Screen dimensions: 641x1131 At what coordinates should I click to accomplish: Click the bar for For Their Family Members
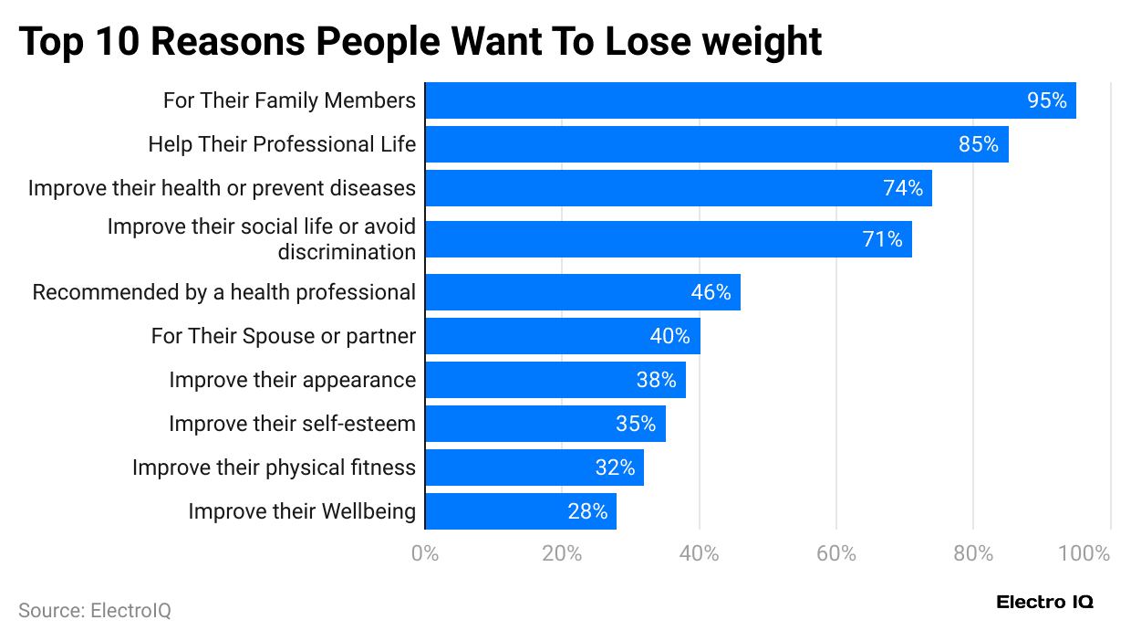click(x=750, y=100)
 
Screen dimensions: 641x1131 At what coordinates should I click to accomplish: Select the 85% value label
click(x=978, y=144)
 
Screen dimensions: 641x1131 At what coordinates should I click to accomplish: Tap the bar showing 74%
click(x=678, y=188)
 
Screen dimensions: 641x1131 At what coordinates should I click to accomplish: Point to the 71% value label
click(x=882, y=239)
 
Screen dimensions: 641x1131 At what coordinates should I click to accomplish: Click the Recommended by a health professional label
click(x=223, y=292)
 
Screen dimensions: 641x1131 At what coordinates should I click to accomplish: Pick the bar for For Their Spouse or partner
click(x=562, y=336)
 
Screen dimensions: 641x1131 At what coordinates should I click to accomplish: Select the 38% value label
click(x=656, y=380)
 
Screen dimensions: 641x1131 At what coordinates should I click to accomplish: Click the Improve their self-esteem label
click(x=292, y=424)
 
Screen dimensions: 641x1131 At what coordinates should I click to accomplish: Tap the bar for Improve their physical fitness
click(x=534, y=468)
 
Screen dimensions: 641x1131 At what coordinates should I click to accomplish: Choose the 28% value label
click(x=587, y=511)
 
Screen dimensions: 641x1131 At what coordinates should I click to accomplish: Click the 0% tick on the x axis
click(x=425, y=553)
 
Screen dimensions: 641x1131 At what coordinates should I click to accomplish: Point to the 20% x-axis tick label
click(x=562, y=553)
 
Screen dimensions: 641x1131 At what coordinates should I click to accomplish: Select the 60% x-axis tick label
click(x=836, y=553)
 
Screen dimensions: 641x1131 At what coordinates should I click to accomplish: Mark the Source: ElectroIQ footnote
click(x=95, y=610)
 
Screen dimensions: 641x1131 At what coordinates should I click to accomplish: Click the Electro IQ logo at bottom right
click(x=1044, y=602)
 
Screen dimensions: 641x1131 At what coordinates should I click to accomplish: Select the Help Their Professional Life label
click(x=282, y=144)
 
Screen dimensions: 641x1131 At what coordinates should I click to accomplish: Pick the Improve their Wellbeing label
click(x=302, y=511)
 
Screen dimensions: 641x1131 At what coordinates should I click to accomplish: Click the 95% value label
click(x=1046, y=100)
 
